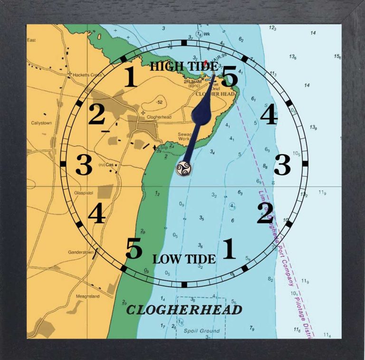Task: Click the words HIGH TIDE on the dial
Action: click(183, 67)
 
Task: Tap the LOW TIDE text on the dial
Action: click(184, 259)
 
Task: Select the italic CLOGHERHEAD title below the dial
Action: click(184, 310)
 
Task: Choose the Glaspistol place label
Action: click(86, 193)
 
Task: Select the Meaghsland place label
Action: click(88, 296)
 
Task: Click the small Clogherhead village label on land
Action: click(159, 117)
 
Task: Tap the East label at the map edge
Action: click(32, 40)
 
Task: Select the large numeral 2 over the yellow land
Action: click(96, 114)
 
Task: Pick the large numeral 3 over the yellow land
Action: click(84, 165)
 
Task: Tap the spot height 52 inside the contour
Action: click(160, 102)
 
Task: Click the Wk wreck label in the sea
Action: click(207, 34)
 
